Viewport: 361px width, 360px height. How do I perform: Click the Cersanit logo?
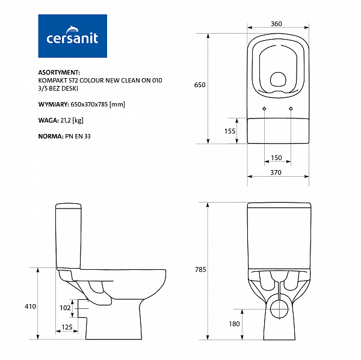click(73, 36)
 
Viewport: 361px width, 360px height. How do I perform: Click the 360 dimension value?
click(276, 23)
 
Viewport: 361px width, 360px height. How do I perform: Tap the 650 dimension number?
click(200, 85)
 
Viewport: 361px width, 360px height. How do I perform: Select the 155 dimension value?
click(230, 131)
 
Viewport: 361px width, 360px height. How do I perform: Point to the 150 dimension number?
click(276, 157)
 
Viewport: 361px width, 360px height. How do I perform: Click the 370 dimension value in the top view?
click(276, 172)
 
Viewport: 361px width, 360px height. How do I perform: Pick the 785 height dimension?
click(200, 269)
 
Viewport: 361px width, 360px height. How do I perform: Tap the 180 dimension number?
click(235, 324)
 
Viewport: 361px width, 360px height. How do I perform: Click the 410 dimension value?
click(31, 307)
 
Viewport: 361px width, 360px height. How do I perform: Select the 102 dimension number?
click(65, 308)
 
